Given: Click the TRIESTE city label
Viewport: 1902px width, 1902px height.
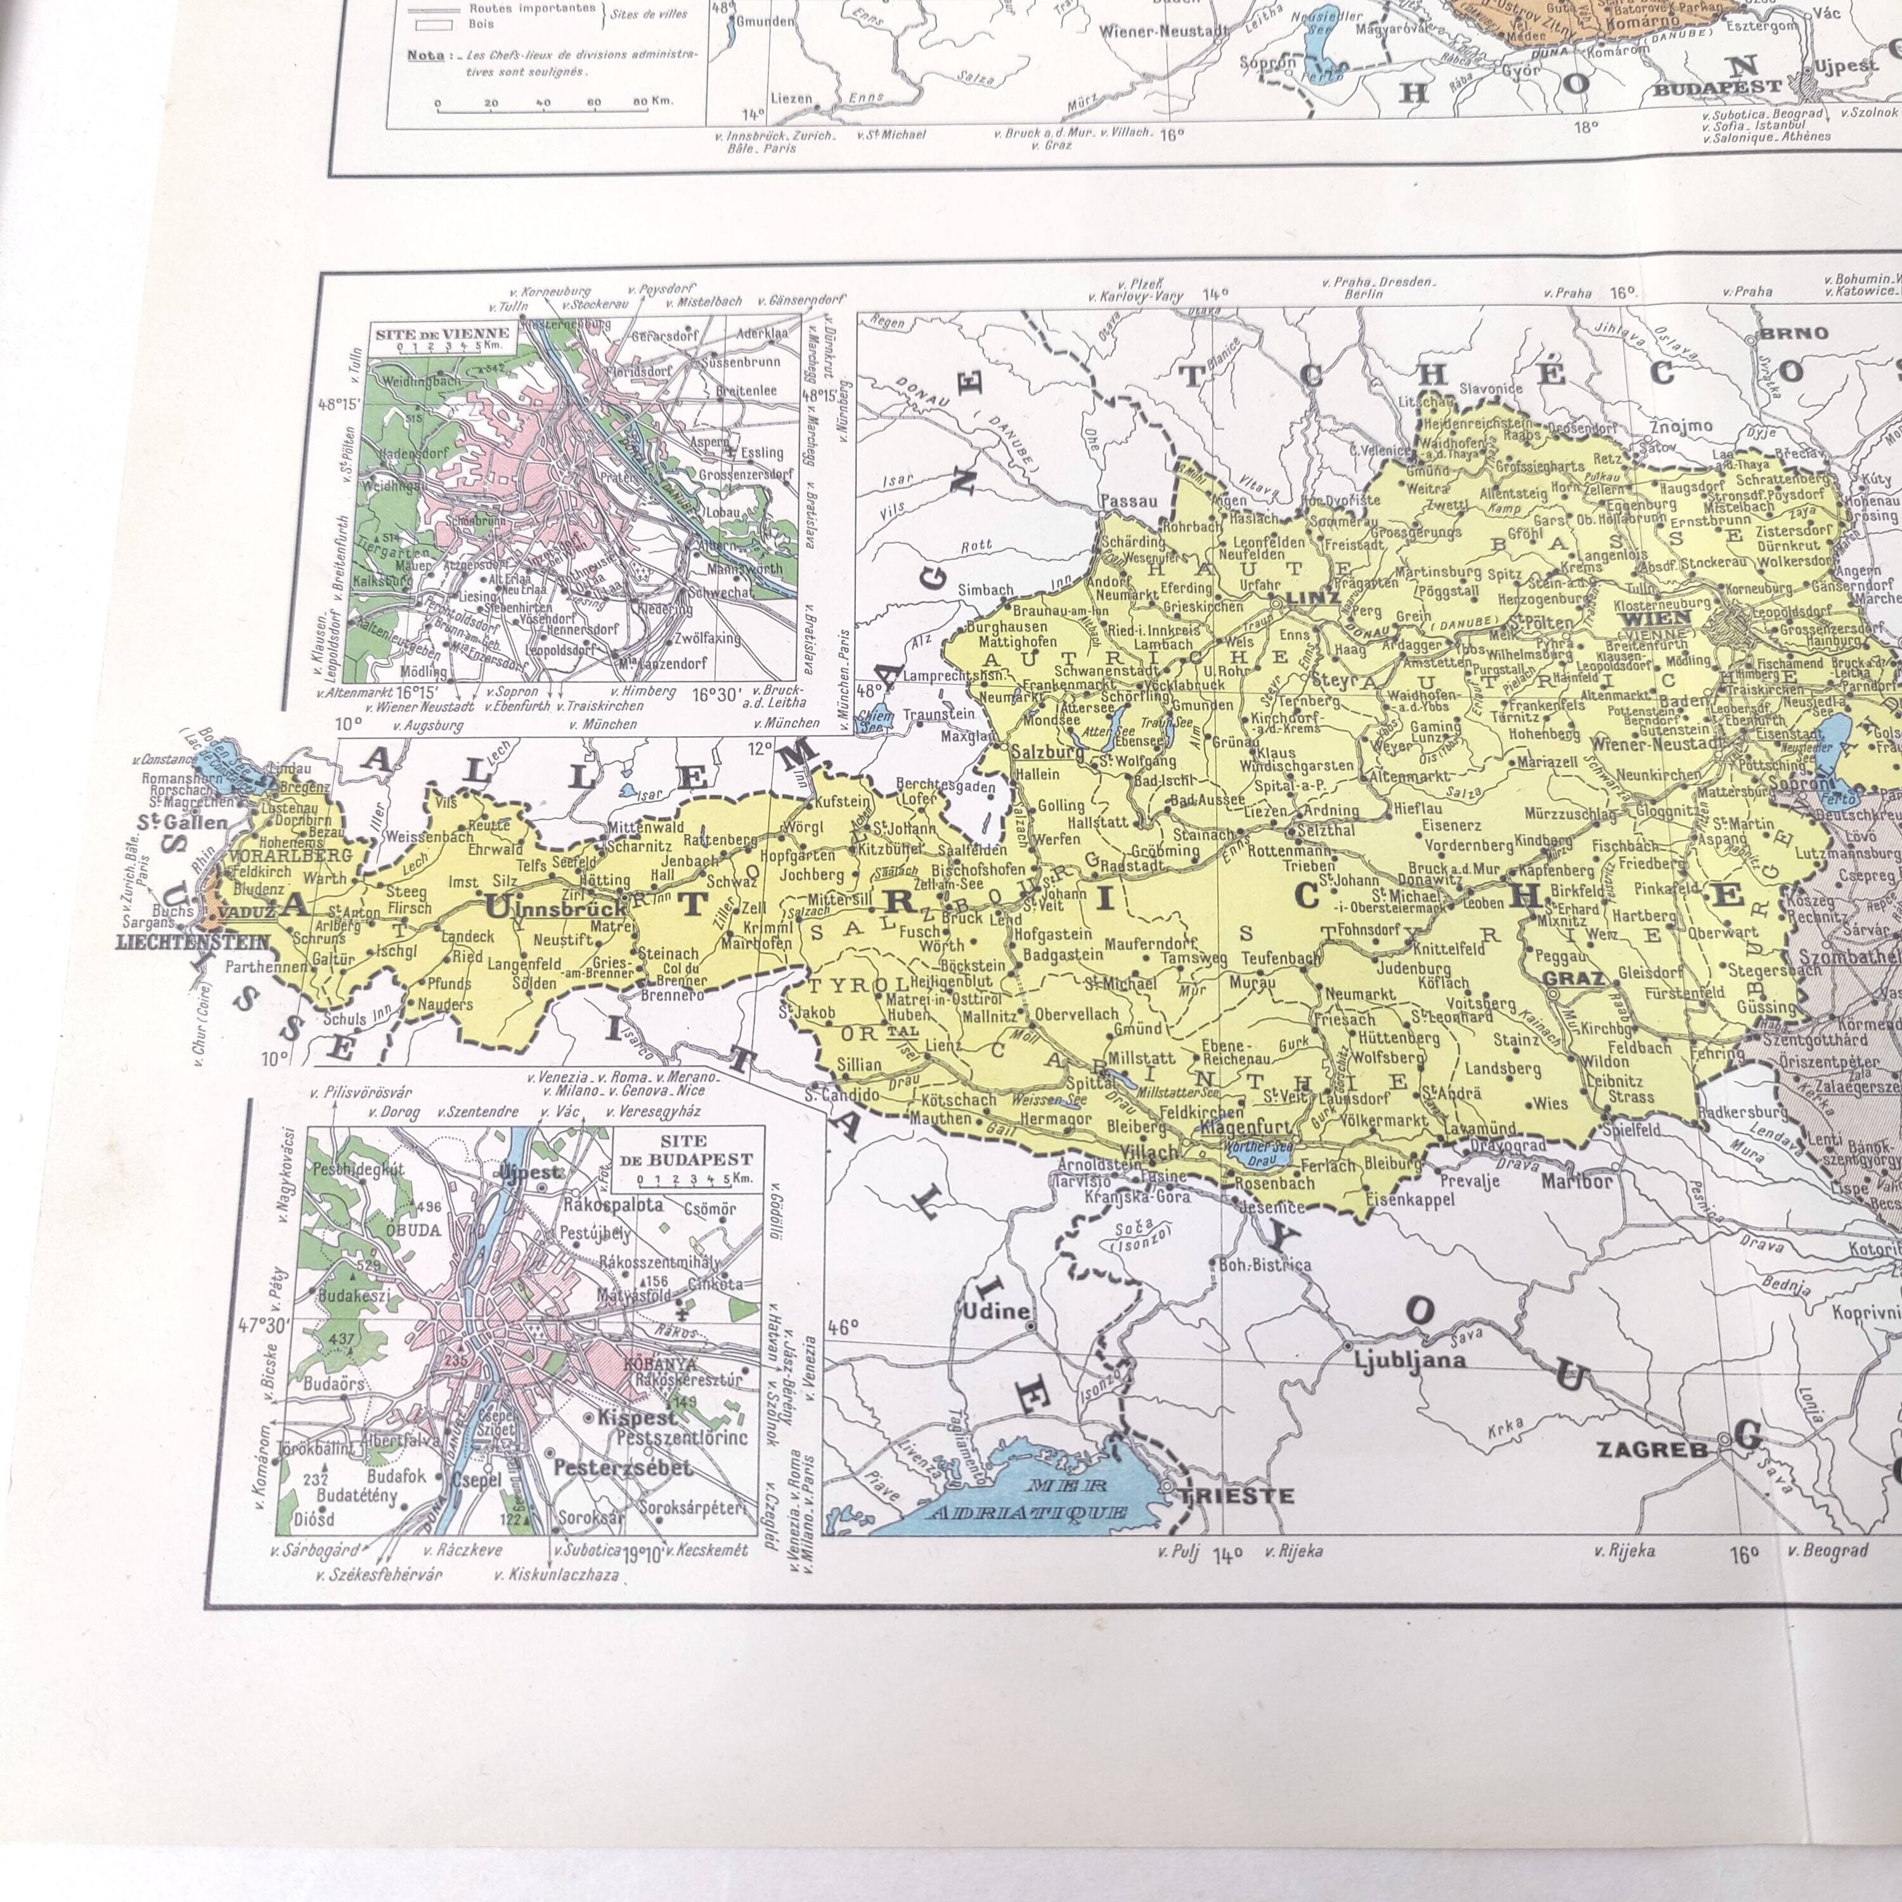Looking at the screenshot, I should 1238,1496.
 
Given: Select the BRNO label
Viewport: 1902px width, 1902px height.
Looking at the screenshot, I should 1794,333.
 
